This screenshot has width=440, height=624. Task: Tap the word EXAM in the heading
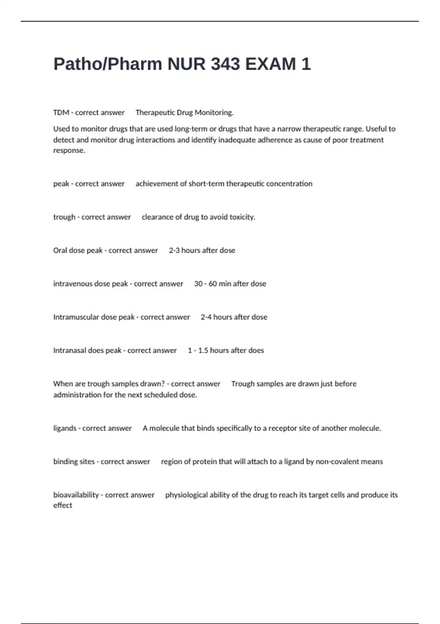coord(270,64)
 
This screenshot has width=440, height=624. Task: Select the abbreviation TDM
coord(61,113)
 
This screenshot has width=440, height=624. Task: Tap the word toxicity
coord(242,217)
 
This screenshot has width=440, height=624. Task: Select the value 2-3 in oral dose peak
coord(174,250)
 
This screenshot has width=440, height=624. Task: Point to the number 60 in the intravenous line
coord(213,284)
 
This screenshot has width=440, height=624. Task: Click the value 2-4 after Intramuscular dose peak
coord(206,317)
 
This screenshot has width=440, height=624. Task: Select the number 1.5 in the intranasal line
coord(203,351)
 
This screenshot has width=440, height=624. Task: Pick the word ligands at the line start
coord(65,428)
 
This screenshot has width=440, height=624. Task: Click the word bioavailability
coord(76,495)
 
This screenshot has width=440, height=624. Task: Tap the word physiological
coord(186,495)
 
